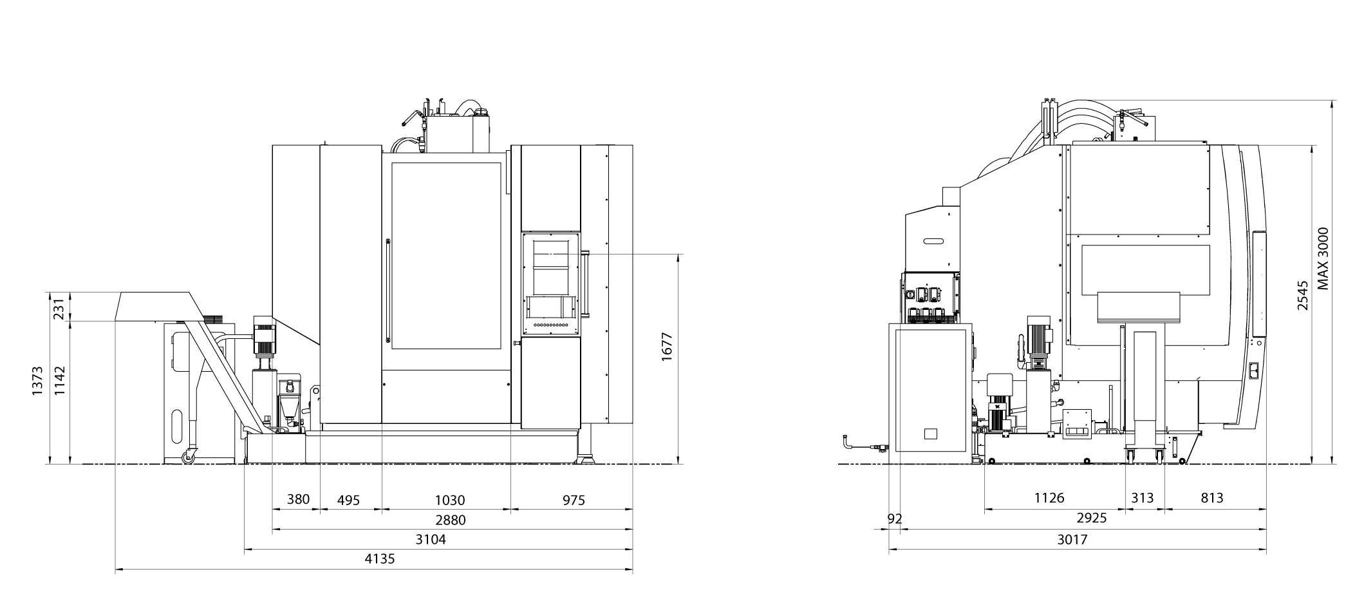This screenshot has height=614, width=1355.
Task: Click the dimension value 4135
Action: click(x=380, y=559)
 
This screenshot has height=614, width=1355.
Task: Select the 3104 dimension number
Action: click(x=431, y=539)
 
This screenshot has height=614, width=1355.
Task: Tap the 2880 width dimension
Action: click(x=450, y=519)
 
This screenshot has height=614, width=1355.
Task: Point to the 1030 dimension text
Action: click(x=450, y=500)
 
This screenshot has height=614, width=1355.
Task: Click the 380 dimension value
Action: click(x=298, y=499)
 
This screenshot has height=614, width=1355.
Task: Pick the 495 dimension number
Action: click(x=348, y=500)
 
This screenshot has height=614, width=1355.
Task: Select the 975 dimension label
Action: click(x=573, y=500)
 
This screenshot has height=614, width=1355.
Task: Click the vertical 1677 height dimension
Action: click(x=667, y=346)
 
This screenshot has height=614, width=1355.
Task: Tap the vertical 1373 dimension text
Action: click(x=37, y=381)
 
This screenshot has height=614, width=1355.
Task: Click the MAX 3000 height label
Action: click(x=1323, y=258)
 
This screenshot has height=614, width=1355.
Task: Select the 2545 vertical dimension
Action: click(x=1303, y=295)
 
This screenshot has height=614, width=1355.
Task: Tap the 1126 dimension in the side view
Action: click(x=1049, y=497)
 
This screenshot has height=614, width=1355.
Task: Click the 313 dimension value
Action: click(x=1143, y=497)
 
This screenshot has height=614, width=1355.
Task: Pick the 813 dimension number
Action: click(x=1211, y=497)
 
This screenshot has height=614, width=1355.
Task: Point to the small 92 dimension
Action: click(x=895, y=519)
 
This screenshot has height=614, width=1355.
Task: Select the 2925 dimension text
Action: click(x=1091, y=518)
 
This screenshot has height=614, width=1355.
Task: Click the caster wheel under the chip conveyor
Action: click(x=189, y=458)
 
